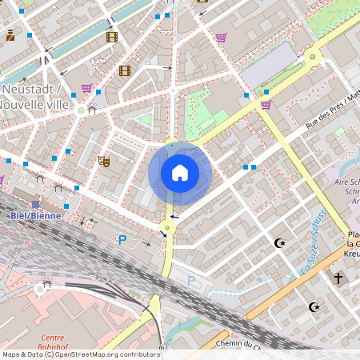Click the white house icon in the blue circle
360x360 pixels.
coord(180,172)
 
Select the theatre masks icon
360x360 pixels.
coord(103,161)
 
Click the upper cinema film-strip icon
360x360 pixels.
coord(111,37)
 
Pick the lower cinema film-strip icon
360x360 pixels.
coord(124,70)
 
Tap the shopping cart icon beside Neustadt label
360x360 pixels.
coord(86,88)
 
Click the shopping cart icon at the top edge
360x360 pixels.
coord(221,37)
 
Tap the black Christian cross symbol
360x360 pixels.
coord(338,278)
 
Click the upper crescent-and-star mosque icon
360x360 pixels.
coord(279,242)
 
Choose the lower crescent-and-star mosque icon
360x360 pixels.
coord(314,306)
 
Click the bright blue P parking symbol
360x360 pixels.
coord(122,239)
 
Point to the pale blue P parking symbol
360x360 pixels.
coord(190,280)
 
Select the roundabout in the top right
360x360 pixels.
coord(312,57)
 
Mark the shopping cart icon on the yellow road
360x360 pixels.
coord(266,104)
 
